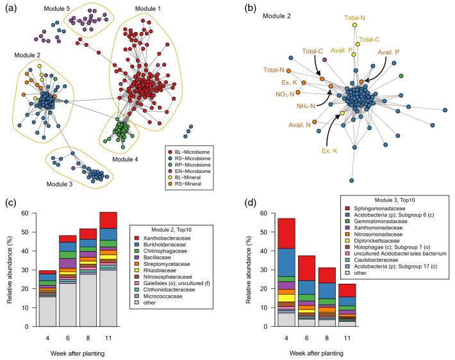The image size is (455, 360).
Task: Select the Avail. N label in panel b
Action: (301, 124)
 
